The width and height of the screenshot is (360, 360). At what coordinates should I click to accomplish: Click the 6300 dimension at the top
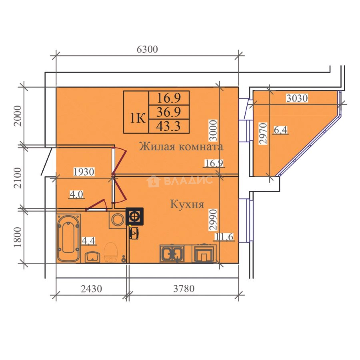pyautogui.click(x=147, y=49)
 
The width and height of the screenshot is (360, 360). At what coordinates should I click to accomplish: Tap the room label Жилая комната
pyautogui.click(x=181, y=147)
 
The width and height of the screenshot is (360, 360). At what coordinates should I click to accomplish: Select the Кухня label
pyautogui.click(x=187, y=204)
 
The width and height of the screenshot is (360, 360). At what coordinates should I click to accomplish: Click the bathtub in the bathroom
pyautogui.click(x=69, y=237)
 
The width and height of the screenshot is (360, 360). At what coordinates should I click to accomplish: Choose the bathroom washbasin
pyautogui.click(x=92, y=257)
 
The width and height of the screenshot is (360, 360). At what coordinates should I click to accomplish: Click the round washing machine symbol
pyautogui.click(x=117, y=220)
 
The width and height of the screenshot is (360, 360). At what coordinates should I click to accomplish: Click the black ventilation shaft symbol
pyautogui.click(x=134, y=216)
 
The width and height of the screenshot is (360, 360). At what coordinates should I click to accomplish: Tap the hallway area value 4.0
pyautogui.click(x=76, y=194)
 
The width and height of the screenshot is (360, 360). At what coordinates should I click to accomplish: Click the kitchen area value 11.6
pyautogui.click(x=224, y=237)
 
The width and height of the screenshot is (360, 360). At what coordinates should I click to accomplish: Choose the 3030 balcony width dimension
pyautogui.click(x=297, y=98)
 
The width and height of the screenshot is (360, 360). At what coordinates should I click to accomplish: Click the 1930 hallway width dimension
pyautogui.click(x=84, y=172)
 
